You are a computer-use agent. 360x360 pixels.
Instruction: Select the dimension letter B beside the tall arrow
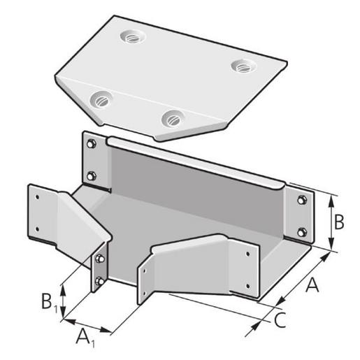tap(338, 223)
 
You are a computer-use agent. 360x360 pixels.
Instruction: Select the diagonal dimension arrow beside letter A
tap(301, 279)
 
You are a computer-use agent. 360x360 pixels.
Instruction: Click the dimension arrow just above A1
tap(87, 325)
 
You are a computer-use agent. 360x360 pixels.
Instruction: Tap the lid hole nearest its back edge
tap(129, 34)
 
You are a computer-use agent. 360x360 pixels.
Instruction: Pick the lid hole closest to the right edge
tap(243, 66)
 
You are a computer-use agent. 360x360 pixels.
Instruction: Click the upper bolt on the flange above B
tap(301, 201)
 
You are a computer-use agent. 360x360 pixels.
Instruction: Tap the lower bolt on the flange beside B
tap(301, 231)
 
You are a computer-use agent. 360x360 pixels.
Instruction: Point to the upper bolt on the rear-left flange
tap(90, 144)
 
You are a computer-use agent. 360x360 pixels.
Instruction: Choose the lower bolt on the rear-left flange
tap(90, 175)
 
